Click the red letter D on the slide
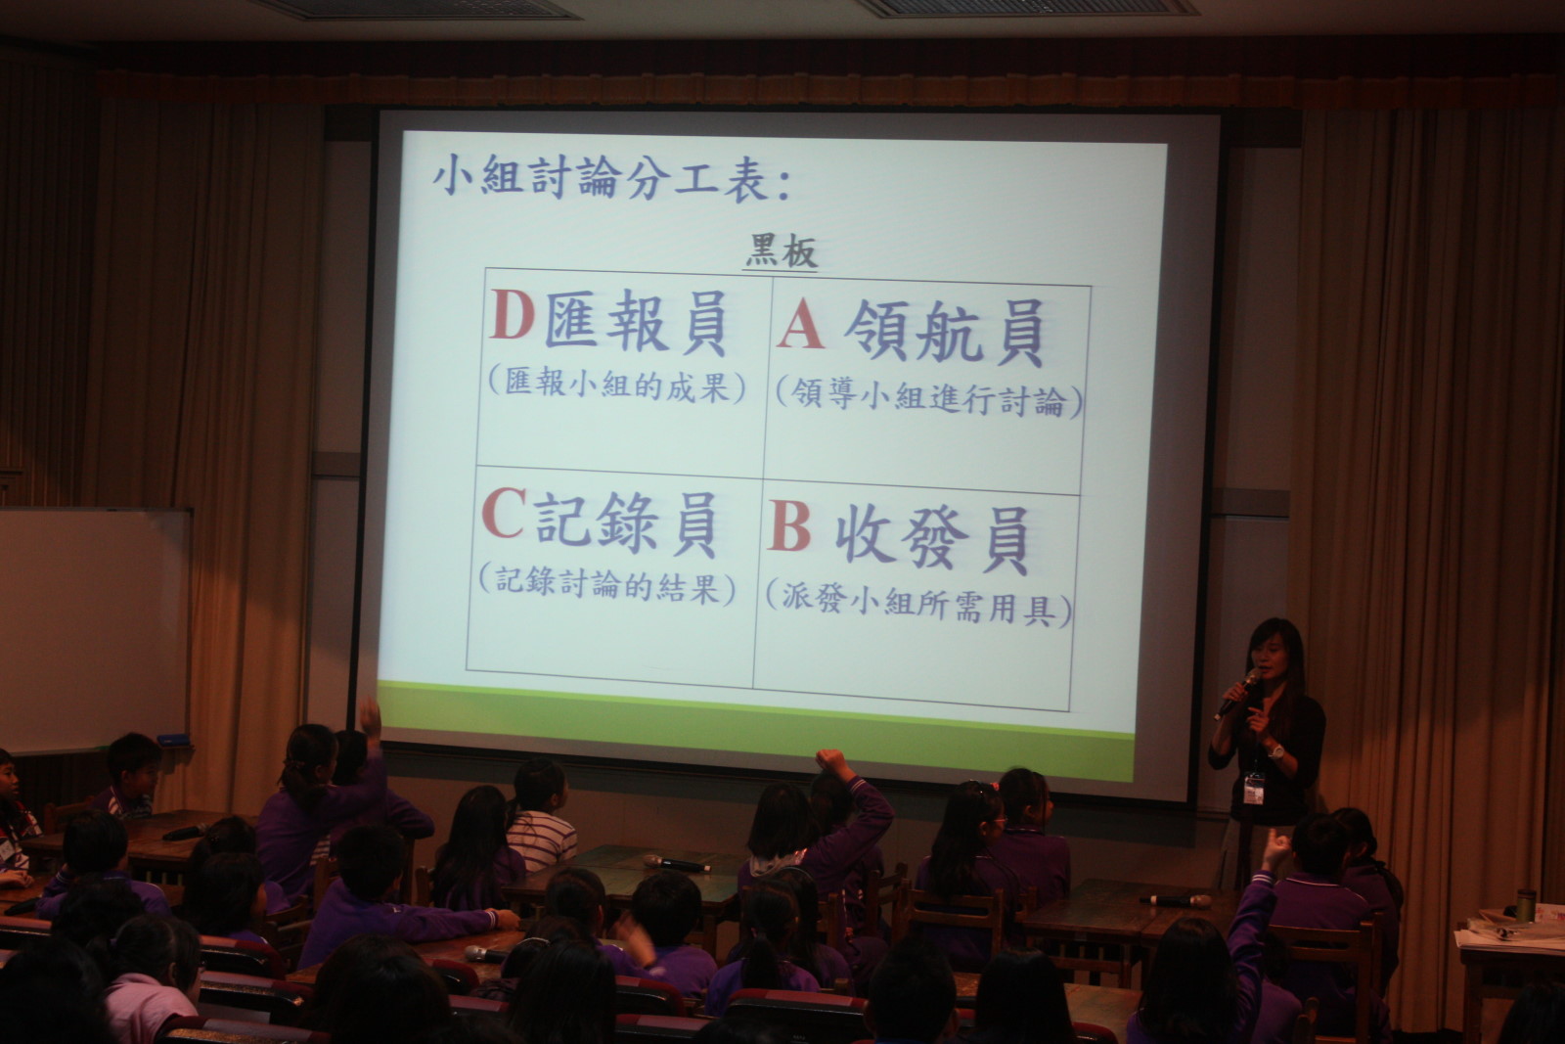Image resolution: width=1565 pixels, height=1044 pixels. pos(513,314)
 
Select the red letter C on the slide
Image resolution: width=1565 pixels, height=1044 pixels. pos(503,513)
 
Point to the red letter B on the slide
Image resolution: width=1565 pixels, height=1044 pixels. pos(789,525)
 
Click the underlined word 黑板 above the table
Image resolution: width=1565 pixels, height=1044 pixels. pos(782,251)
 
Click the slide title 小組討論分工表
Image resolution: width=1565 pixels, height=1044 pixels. pos(611,177)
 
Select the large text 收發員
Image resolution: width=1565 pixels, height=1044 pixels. pos(933,538)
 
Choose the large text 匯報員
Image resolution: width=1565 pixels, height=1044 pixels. pos(636,322)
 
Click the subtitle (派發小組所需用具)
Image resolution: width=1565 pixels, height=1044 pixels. pos(918,605)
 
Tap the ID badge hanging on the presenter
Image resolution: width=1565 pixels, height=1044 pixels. pos(1253,789)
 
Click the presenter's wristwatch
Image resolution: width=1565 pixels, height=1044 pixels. pos(1275,751)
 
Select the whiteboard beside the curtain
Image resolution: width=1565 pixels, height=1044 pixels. pos(94,630)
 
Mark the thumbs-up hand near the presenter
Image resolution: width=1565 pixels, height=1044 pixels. pos(1275,849)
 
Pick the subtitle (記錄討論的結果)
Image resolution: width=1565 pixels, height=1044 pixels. pos(606,585)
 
